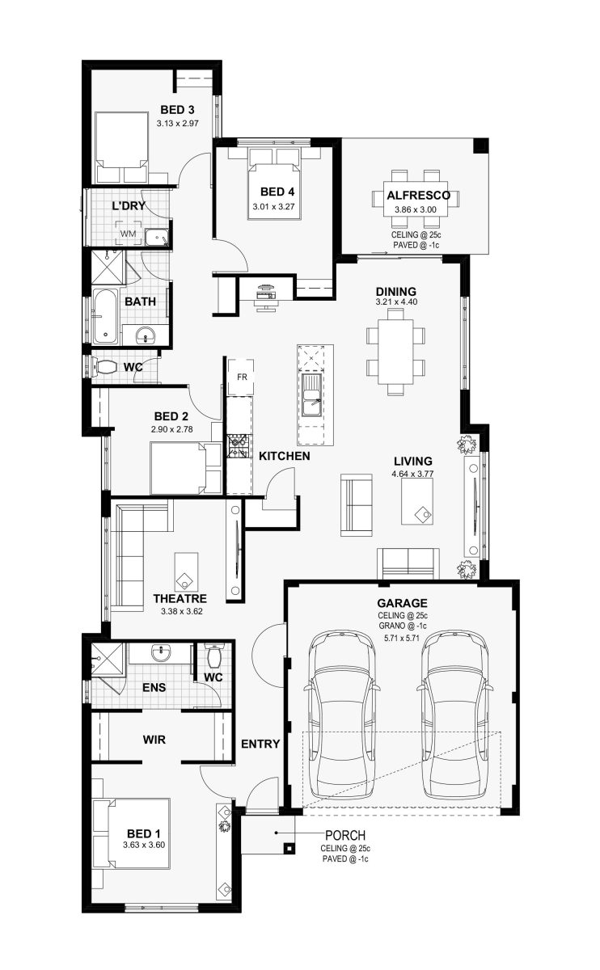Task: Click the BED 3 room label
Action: (177, 110)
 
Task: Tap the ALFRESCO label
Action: (418, 196)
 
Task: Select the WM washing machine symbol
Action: (128, 234)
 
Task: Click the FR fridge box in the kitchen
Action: (241, 377)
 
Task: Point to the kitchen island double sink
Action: (311, 395)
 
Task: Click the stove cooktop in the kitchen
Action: (239, 446)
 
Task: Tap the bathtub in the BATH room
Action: (105, 316)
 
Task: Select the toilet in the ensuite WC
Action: (214, 656)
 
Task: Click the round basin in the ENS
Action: (161, 652)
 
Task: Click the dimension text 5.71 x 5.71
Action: (403, 638)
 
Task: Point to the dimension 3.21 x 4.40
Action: (396, 302)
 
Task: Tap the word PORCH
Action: (345, 835)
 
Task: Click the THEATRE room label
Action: (180, 598)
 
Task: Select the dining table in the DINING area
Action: (395, 352)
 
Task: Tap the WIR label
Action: (154, 740)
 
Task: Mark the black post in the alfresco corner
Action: (480, 145)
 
